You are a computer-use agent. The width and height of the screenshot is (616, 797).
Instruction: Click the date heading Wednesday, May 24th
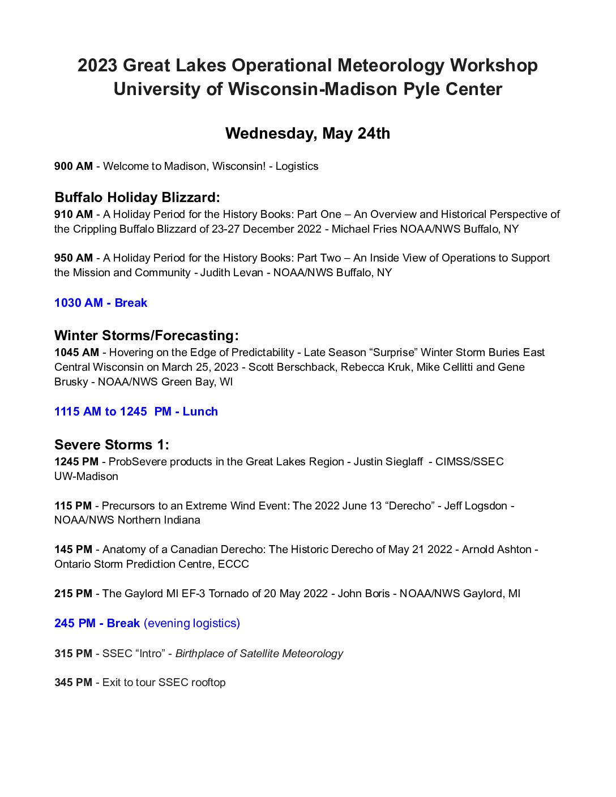[x=307, y=134]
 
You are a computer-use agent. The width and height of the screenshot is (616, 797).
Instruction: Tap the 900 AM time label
[x=74, y=166]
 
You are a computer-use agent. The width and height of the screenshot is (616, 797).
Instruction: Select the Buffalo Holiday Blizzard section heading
[x=137, y=198]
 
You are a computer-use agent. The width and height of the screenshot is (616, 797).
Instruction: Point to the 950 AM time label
[x=74, y=258]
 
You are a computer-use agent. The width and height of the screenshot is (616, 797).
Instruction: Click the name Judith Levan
[x=232, y=273]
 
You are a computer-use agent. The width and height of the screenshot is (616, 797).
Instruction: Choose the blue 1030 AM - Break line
[x=101, y=303]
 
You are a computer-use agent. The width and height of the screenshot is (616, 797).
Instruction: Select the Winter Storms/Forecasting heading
[x=147, y=336]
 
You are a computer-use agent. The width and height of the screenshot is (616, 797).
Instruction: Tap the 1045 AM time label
[x=76, y=353]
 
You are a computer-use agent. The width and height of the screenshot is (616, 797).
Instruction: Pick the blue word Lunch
[x=200, y=412]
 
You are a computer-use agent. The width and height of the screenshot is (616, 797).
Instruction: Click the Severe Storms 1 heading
[x=112, y=445]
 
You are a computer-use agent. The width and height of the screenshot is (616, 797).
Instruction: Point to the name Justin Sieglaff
[x=388, y=462]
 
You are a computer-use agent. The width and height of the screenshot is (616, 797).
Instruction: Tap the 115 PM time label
[x=73, y=506]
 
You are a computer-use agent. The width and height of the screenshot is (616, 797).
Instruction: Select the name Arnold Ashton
[x=497, y=550]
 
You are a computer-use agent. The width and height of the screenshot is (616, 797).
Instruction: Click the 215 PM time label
[x=73, y=594]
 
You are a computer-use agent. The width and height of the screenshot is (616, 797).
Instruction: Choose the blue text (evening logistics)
[x=192, y=623]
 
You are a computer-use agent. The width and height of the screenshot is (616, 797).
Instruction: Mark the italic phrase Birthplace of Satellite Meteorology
[x=259, y=654]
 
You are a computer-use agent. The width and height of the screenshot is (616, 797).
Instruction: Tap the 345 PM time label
[x=73, y=683]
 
